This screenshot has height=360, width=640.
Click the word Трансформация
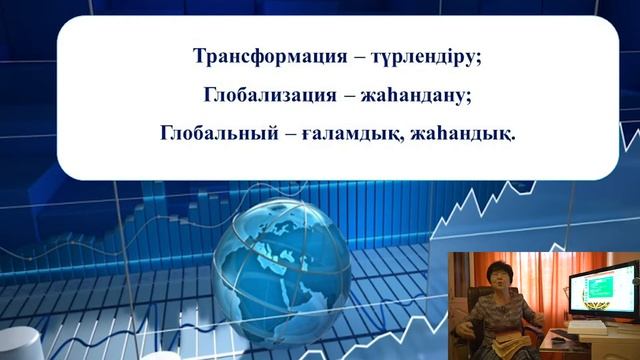click(270, 56)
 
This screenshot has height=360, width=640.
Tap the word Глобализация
click(270, 95)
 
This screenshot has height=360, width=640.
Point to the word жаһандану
click(413, 96)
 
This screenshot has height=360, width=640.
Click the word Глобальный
click(219, 133)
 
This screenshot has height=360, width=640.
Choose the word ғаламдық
click(352, 134)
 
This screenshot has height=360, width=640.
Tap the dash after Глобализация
click(349, 96)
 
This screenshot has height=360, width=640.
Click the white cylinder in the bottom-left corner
click(20, 343)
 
